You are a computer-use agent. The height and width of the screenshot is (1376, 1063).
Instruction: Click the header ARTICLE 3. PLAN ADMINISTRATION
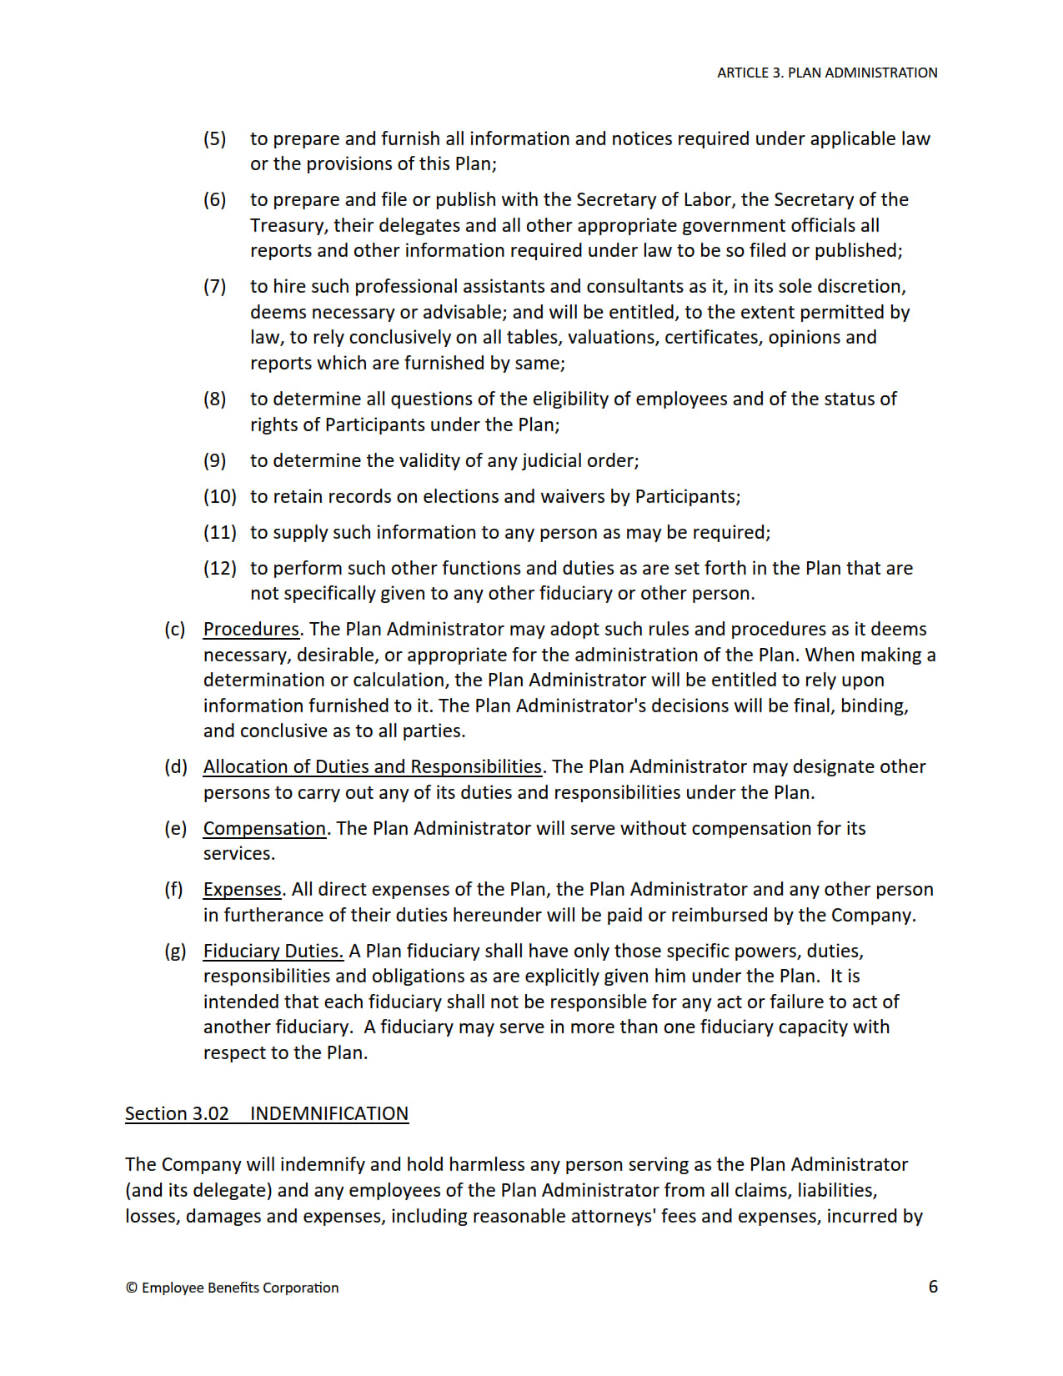[x=826, y=73]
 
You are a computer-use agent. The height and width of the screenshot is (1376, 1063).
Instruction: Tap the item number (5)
[x=214, y=138]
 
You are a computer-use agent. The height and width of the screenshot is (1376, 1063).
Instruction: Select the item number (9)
[x=214, y=460]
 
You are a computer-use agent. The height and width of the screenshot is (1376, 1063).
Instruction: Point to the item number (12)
[x=219, y=568]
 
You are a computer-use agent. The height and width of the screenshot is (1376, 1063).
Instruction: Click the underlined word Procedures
[x=250, y=629]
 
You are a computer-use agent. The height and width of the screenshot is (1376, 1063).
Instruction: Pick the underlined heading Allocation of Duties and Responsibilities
[x=373, y=766]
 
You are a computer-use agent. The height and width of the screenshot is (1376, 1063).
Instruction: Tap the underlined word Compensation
[x=264, y=828]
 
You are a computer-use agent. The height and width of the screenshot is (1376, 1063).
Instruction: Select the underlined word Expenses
[x=242, y=889]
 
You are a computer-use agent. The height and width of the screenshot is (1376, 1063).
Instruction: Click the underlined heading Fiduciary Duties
[x=273, y=951]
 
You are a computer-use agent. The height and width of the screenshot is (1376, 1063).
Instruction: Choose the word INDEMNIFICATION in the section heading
[x=328, y=1113]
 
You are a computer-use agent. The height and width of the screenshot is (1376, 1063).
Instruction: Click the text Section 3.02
[x=177, y=1113]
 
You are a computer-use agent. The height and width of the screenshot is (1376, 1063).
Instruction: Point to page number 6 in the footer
[x=933, y=1286]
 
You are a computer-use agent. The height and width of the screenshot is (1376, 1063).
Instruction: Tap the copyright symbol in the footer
[x=132, y=1288]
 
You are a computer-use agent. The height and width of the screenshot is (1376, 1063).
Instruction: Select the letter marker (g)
[x=175, y=951]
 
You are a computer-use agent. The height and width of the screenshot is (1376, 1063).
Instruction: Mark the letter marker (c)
[x=174, y=629]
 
